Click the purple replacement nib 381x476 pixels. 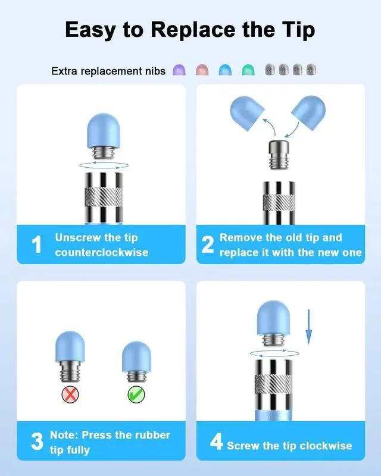coord(179,70)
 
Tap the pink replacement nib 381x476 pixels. coord(202,70)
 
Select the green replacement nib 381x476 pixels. coord(248,70)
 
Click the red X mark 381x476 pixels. coord(70,394)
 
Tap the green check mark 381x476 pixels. coord(136,394)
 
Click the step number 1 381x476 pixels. coord(36,244)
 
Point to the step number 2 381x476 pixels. coord(208,245)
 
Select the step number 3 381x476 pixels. coord(37,441)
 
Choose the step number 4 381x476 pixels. coord(216,441)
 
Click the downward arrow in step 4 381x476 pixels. coord(308,327)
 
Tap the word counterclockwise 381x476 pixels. coord(102,252)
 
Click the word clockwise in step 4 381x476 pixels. coord(326,446)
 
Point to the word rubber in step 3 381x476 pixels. coord(152,435)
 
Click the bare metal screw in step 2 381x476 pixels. coord(278,154)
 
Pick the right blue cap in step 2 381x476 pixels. coord(308,112)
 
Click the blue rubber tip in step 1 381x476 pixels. coord(104,131)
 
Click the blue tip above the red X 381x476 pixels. coord(70,346)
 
